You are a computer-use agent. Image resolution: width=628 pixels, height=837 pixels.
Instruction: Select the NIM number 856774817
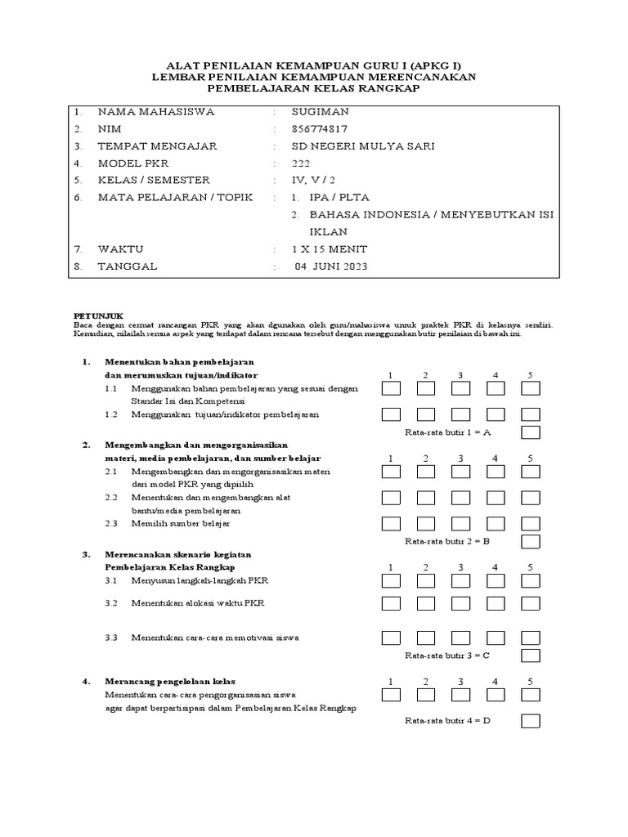(319, 129)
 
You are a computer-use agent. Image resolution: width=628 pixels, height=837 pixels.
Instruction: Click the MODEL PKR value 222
(301, 163)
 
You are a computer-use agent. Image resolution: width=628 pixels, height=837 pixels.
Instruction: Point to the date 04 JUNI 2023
(331, 266)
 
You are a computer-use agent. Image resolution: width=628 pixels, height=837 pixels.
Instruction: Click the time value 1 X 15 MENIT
(330, 248)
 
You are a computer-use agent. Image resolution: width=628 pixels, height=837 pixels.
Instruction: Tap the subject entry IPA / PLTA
(339, 198)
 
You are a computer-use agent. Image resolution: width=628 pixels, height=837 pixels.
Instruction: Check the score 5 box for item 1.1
(531, 391)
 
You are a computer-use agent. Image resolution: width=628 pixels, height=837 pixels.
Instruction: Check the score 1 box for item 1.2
(391, 414)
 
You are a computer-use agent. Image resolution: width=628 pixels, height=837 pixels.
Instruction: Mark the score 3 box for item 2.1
(460, 472)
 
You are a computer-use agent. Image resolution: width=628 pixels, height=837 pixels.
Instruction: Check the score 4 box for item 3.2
(496, 603)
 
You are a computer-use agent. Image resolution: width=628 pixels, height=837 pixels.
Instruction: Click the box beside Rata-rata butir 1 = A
(531, 432)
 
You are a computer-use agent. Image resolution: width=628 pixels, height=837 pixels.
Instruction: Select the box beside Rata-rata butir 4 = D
(531, 721)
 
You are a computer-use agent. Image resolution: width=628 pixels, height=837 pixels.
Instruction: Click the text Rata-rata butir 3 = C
(447, 656)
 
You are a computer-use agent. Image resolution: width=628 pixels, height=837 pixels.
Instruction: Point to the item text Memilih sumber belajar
(181, 522)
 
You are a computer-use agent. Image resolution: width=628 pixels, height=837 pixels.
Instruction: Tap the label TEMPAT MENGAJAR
(157, 146)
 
